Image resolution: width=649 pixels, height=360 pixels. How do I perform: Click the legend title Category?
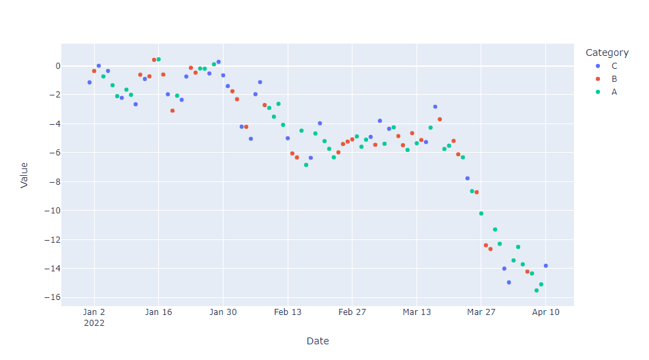click(607, 52)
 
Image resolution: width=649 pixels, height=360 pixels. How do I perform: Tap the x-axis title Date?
click(318, 341)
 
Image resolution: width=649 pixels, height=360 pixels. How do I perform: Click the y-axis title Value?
click(25, 175)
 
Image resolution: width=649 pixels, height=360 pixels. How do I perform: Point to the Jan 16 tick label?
click(158, 312)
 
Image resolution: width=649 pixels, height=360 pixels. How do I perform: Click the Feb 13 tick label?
click(287, 312)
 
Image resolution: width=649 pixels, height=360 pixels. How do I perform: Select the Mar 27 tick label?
click(481, 312)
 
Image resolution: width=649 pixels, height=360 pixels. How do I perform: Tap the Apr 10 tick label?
click(545, 312)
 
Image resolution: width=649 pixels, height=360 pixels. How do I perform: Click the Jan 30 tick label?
click(223, 312)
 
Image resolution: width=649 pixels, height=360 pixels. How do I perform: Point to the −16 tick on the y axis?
click(49, 297)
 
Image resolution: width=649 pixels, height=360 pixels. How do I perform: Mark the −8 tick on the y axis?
click(52, 182)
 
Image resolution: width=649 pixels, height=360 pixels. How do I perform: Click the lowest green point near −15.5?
click(537, 290)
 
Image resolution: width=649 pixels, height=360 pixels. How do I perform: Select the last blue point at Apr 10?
click(545, 266)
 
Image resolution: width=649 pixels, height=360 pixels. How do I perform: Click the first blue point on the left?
click(89, 82)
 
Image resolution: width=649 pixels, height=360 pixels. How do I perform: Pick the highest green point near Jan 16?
click(159, 59)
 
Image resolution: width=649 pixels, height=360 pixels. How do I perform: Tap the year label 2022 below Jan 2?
click(94, 323)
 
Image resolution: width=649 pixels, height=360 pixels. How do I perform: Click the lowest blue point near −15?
click(509, 282)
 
